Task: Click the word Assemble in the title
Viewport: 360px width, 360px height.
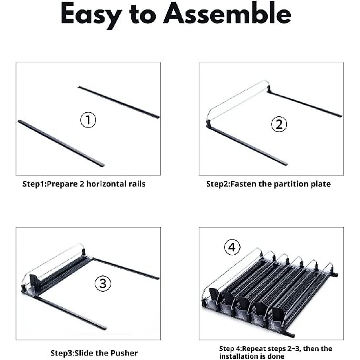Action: pos(227,13)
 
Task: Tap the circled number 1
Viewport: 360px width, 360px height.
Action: pos(88,120)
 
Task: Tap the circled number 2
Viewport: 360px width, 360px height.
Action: pos(279,124)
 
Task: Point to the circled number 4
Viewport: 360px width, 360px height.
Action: pos(232,247)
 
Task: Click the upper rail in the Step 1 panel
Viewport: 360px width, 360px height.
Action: pos(119,102)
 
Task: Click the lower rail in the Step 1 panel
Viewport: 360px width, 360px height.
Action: pos(61,143)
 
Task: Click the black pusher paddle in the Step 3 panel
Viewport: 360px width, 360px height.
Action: pos(34,281)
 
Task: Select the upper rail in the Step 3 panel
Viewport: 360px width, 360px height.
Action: pos(126,268)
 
